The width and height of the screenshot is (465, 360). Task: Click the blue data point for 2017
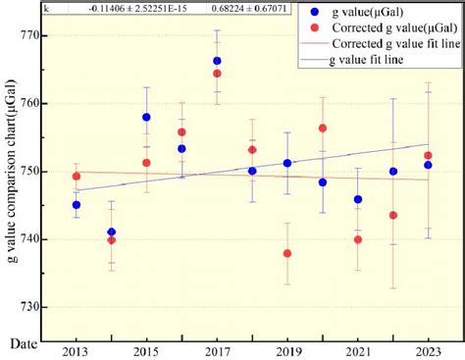pos(217,61)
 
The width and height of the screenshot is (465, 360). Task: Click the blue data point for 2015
pos(146,117)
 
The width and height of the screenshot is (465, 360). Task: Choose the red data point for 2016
pos(181,132)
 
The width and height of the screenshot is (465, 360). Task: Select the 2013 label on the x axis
pos(76,350)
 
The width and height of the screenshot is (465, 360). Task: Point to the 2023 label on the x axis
pos(428,350)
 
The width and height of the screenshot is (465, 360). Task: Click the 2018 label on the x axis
pos(252,350)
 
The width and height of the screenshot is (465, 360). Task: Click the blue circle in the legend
pos(313,13)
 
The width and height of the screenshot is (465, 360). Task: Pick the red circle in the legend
pos(313,28)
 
